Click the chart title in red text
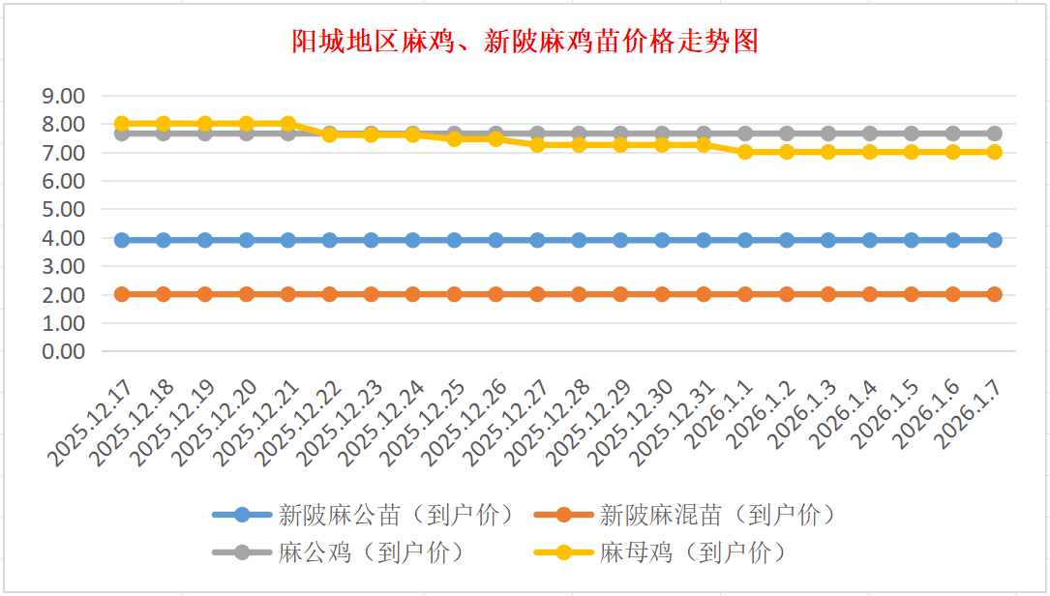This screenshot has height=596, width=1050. point(525,42)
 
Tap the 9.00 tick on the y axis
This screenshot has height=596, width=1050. point(64,96)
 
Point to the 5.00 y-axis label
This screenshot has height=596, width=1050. point(64,209)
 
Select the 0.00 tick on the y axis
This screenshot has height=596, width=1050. point(64,351)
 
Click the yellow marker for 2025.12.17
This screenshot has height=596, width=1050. point(122,124)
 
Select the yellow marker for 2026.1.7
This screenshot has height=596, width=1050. point(994,152)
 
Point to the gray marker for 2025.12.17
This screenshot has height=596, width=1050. point(122,134)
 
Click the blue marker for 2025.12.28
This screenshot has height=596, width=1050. point(579,240)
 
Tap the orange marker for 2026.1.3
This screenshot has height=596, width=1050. point(827,294)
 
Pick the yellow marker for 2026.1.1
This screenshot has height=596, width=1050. point(745,152)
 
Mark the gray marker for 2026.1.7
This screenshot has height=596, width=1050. point(994,134)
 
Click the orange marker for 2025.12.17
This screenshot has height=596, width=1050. point(122,294)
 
